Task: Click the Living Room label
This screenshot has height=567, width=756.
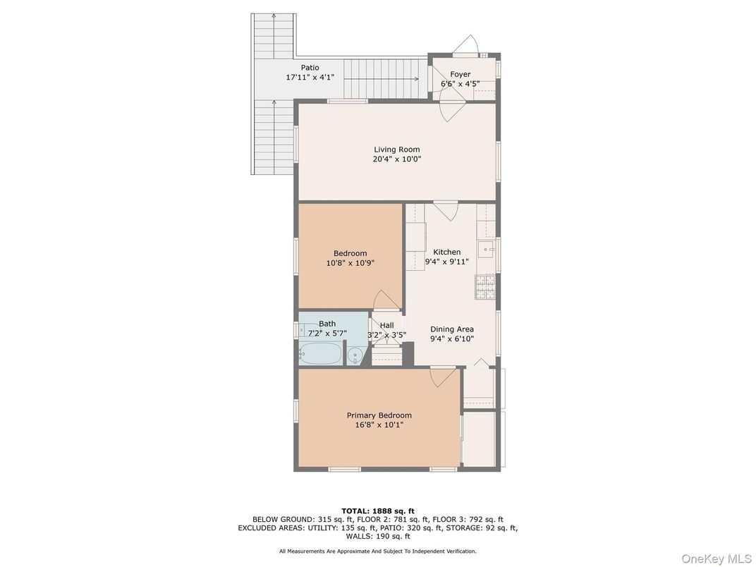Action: tap(396, 150)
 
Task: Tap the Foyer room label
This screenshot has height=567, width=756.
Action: tap(460, 74)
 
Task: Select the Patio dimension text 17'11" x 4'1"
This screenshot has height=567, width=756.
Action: tap(310, 77)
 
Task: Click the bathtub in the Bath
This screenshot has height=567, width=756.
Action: tap(320, 352)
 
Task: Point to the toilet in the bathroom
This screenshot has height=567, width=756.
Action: tap(355, 354)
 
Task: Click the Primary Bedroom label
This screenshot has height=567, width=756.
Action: tap(379, 415)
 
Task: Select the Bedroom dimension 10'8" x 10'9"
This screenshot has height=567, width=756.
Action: tap(350, 263)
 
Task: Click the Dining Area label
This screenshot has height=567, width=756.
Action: tap(452, 329)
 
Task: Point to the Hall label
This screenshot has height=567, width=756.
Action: tap(386, 325)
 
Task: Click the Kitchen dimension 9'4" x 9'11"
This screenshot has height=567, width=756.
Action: tap(446, 262)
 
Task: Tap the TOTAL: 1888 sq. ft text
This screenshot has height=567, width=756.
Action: tap(377, 511)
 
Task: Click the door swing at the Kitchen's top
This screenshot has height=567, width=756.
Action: tap(446, 212)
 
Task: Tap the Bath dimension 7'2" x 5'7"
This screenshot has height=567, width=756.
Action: tap(327, 333)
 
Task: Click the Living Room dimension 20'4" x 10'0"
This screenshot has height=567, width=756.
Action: tap(396, 159)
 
